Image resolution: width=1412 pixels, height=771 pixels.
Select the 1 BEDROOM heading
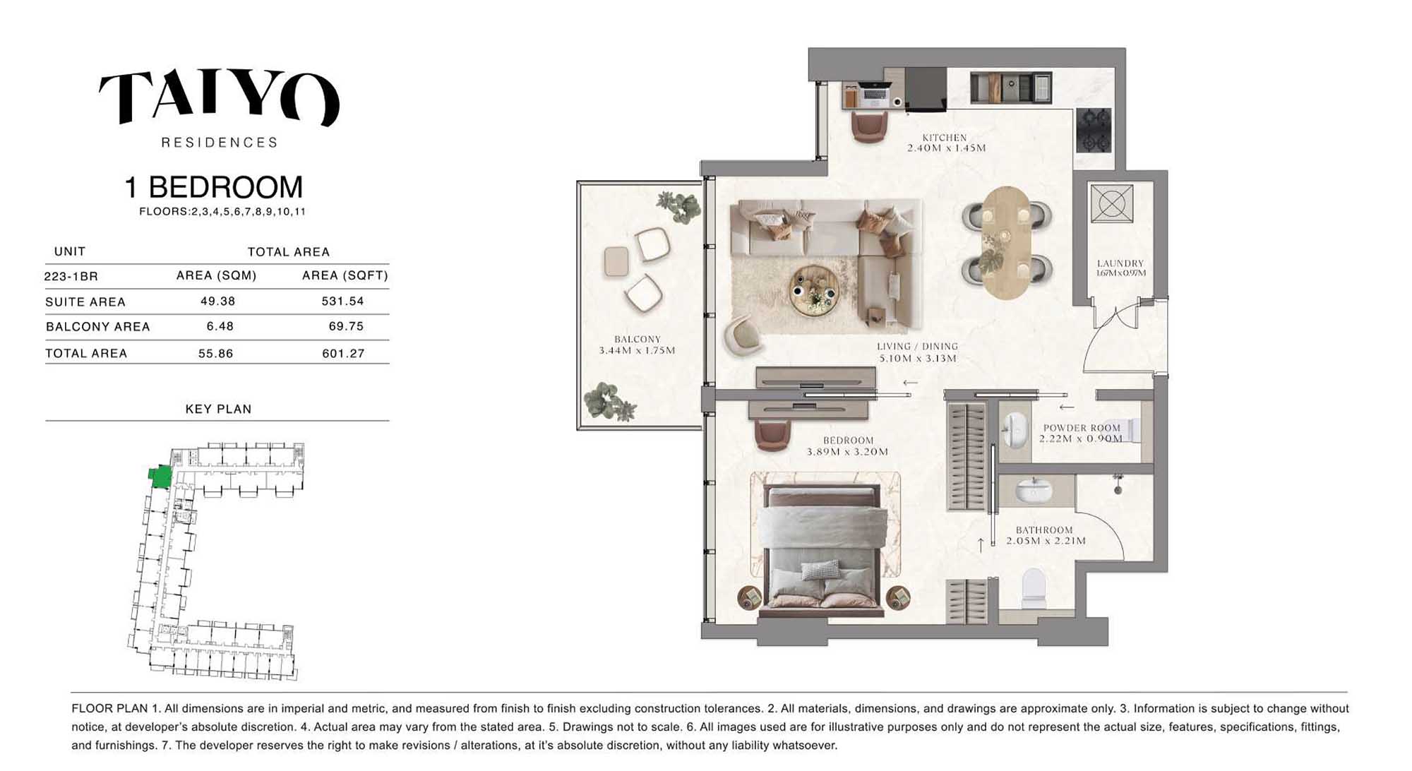214,187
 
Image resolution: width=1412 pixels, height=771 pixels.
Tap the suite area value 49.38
217,301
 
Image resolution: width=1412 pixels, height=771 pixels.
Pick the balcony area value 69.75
346,326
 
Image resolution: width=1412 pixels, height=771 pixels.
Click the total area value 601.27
343,353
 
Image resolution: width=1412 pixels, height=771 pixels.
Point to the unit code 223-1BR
71,276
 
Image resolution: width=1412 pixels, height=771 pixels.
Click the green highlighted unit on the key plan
160,477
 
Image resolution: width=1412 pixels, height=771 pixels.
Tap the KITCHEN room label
945,138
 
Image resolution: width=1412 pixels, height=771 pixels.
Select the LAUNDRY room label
1120,263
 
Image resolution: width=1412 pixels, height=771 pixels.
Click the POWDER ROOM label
1082,428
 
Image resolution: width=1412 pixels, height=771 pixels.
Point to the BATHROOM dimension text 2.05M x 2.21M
1046,541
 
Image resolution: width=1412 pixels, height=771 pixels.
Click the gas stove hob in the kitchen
1094,130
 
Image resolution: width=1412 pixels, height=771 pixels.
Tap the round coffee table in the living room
815,290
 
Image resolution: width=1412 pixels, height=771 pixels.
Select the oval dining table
1007,242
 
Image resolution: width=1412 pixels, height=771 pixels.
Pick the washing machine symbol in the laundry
1111,203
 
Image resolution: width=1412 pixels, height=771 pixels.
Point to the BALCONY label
637,340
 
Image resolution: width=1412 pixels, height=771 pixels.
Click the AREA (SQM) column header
216,275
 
